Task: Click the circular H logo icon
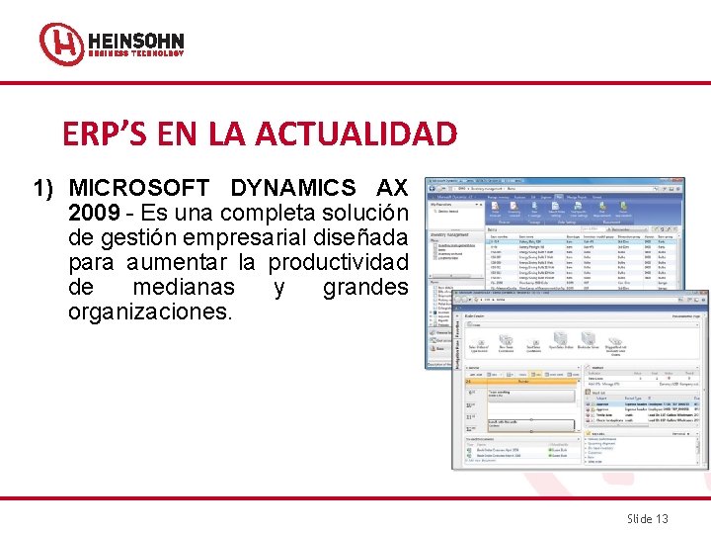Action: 61,44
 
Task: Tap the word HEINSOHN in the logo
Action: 135,42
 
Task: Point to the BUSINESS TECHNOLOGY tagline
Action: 135,55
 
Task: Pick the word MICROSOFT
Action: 139,188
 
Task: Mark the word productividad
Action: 338,262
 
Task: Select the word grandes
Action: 365,287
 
